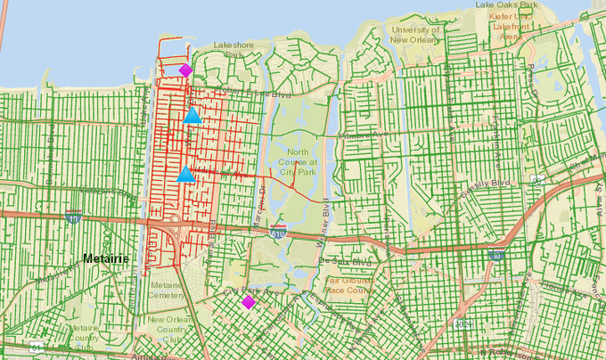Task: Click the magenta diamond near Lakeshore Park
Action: click(x=185, y=70)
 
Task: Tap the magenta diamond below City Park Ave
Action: click(x=248, y=302)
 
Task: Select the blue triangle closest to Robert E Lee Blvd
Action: click(x=192, y=115)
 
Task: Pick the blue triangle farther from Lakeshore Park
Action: click(x=185, y=175)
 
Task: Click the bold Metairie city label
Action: click(x=106, y=258)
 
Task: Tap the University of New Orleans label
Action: click(x=417, y=35)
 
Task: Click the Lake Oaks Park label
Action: click(x=531, y=4)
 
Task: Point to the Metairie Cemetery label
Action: click(x=167, y=289)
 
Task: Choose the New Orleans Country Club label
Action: click(x=167, y=325)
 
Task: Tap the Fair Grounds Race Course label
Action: click(x=348, y=284)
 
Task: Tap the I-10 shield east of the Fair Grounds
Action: click(x=495, y=255)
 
